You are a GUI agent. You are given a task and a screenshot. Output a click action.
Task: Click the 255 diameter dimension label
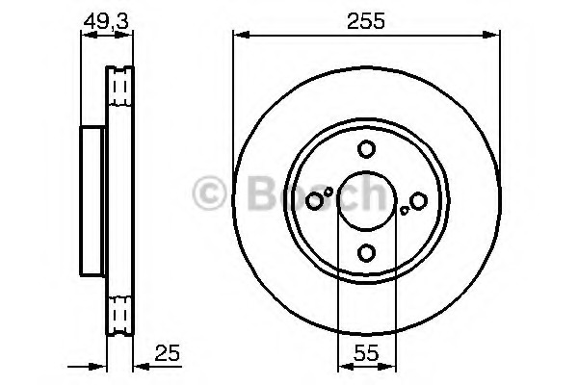(366, 20)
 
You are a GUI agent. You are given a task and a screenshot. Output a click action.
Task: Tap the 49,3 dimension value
(106, 21)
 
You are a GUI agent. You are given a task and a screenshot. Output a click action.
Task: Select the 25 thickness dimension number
(168, 353)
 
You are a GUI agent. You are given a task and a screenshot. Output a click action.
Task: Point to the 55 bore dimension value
(366, 353)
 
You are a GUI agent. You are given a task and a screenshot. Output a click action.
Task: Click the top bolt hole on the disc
(366, 149)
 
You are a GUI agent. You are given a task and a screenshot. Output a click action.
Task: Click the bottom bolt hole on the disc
(366, 253)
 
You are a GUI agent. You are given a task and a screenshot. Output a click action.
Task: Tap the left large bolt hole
(314, 201)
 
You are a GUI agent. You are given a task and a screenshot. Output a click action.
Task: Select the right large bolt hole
(418, 201)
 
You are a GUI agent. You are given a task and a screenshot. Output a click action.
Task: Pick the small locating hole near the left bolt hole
(328, 192)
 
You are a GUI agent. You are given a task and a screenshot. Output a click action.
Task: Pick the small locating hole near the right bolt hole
(405, 211)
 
